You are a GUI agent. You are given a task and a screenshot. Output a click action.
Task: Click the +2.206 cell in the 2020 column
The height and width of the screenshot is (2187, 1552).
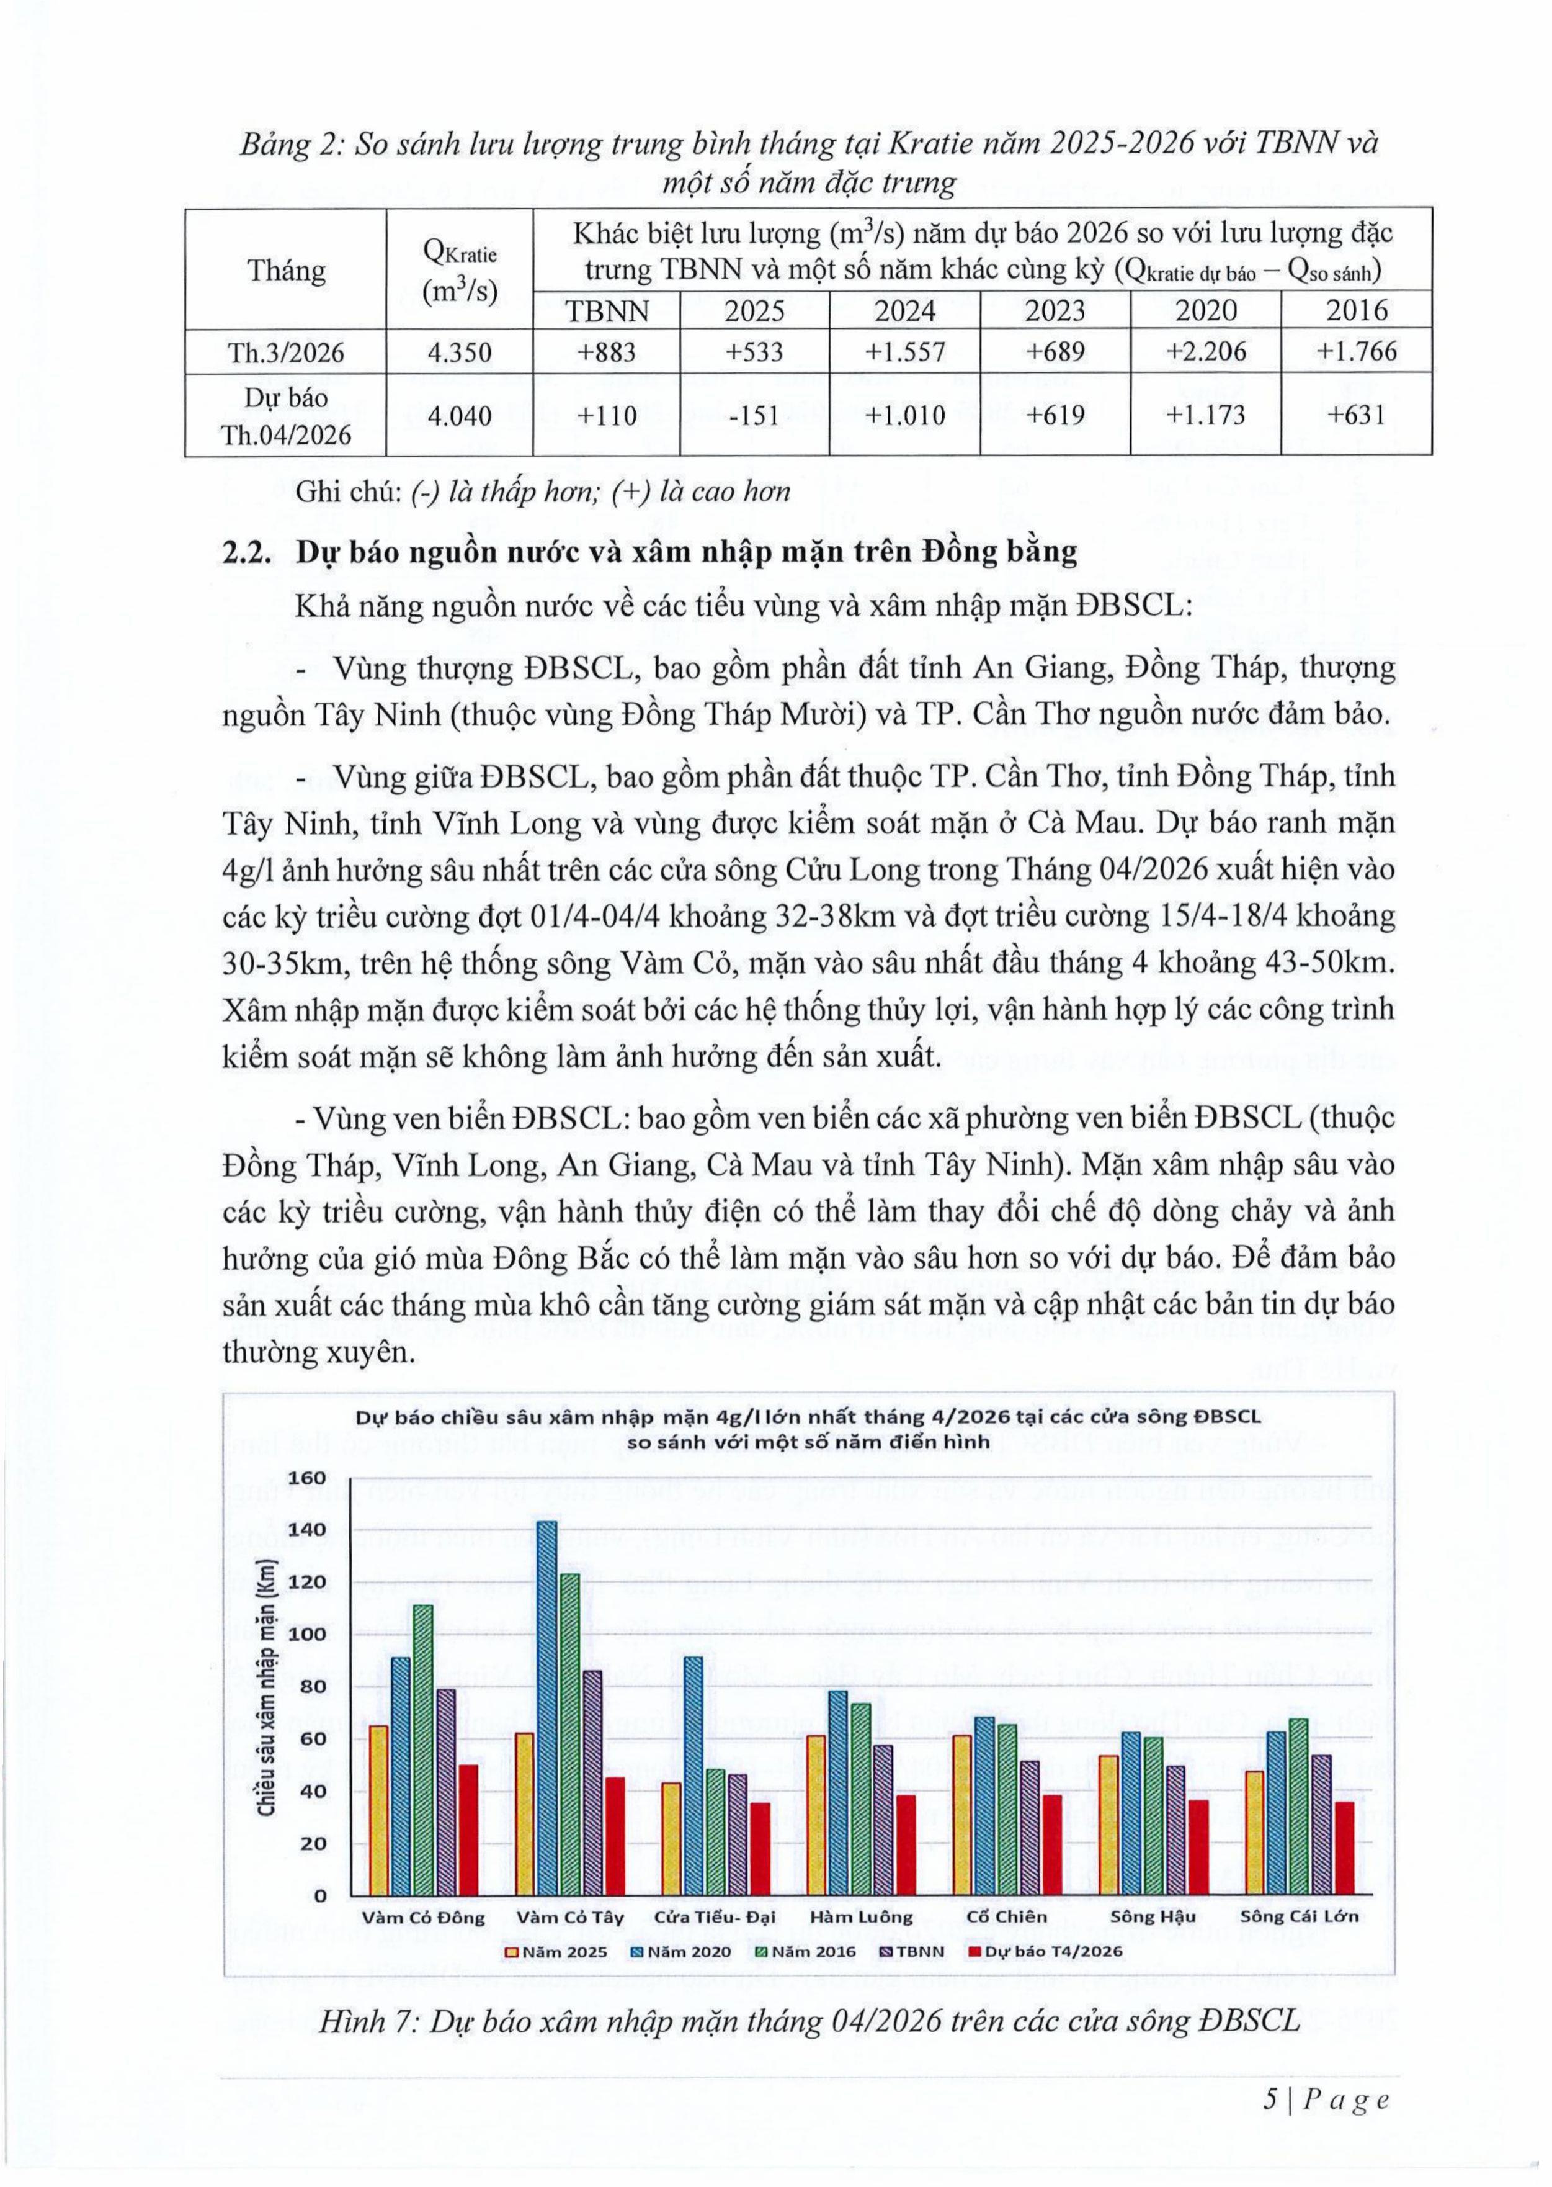[x=1205, y=352]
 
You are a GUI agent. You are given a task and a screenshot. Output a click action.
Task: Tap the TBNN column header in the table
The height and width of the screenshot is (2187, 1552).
[x=607, y=311]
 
